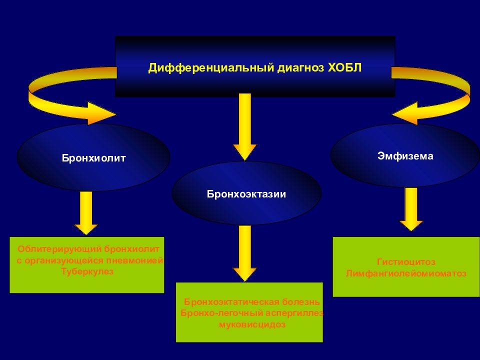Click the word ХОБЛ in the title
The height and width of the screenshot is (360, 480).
click(x=344, y=67)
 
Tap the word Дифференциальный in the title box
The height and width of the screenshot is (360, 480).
click(x=211, y=68)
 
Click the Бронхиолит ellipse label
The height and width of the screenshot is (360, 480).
click(x=93, y=158)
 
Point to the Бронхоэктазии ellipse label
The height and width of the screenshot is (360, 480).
click(x=246, y=194)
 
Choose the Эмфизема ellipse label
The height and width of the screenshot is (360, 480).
click(x=405, y=156)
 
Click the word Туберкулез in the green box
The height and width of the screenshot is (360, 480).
click(x=87, y=271)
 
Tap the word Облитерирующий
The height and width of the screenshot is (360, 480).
click(x=59, y=249)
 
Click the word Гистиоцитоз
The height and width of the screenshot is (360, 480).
click(x=406, y=262)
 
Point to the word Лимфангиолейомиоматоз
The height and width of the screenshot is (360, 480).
click(x=406, y=273)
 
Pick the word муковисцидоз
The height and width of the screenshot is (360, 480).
click(x=252, y=324)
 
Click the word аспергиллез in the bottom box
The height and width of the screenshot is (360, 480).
click(x=294, y=313)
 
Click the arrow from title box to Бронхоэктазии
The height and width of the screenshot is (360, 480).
click(x=244, y=127)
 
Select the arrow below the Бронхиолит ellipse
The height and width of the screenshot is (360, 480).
click(x=86, y=213)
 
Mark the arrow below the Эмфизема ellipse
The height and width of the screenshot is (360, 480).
click(x=411, y=209)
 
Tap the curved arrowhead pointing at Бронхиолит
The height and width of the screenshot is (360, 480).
click(x=101, y=113)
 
